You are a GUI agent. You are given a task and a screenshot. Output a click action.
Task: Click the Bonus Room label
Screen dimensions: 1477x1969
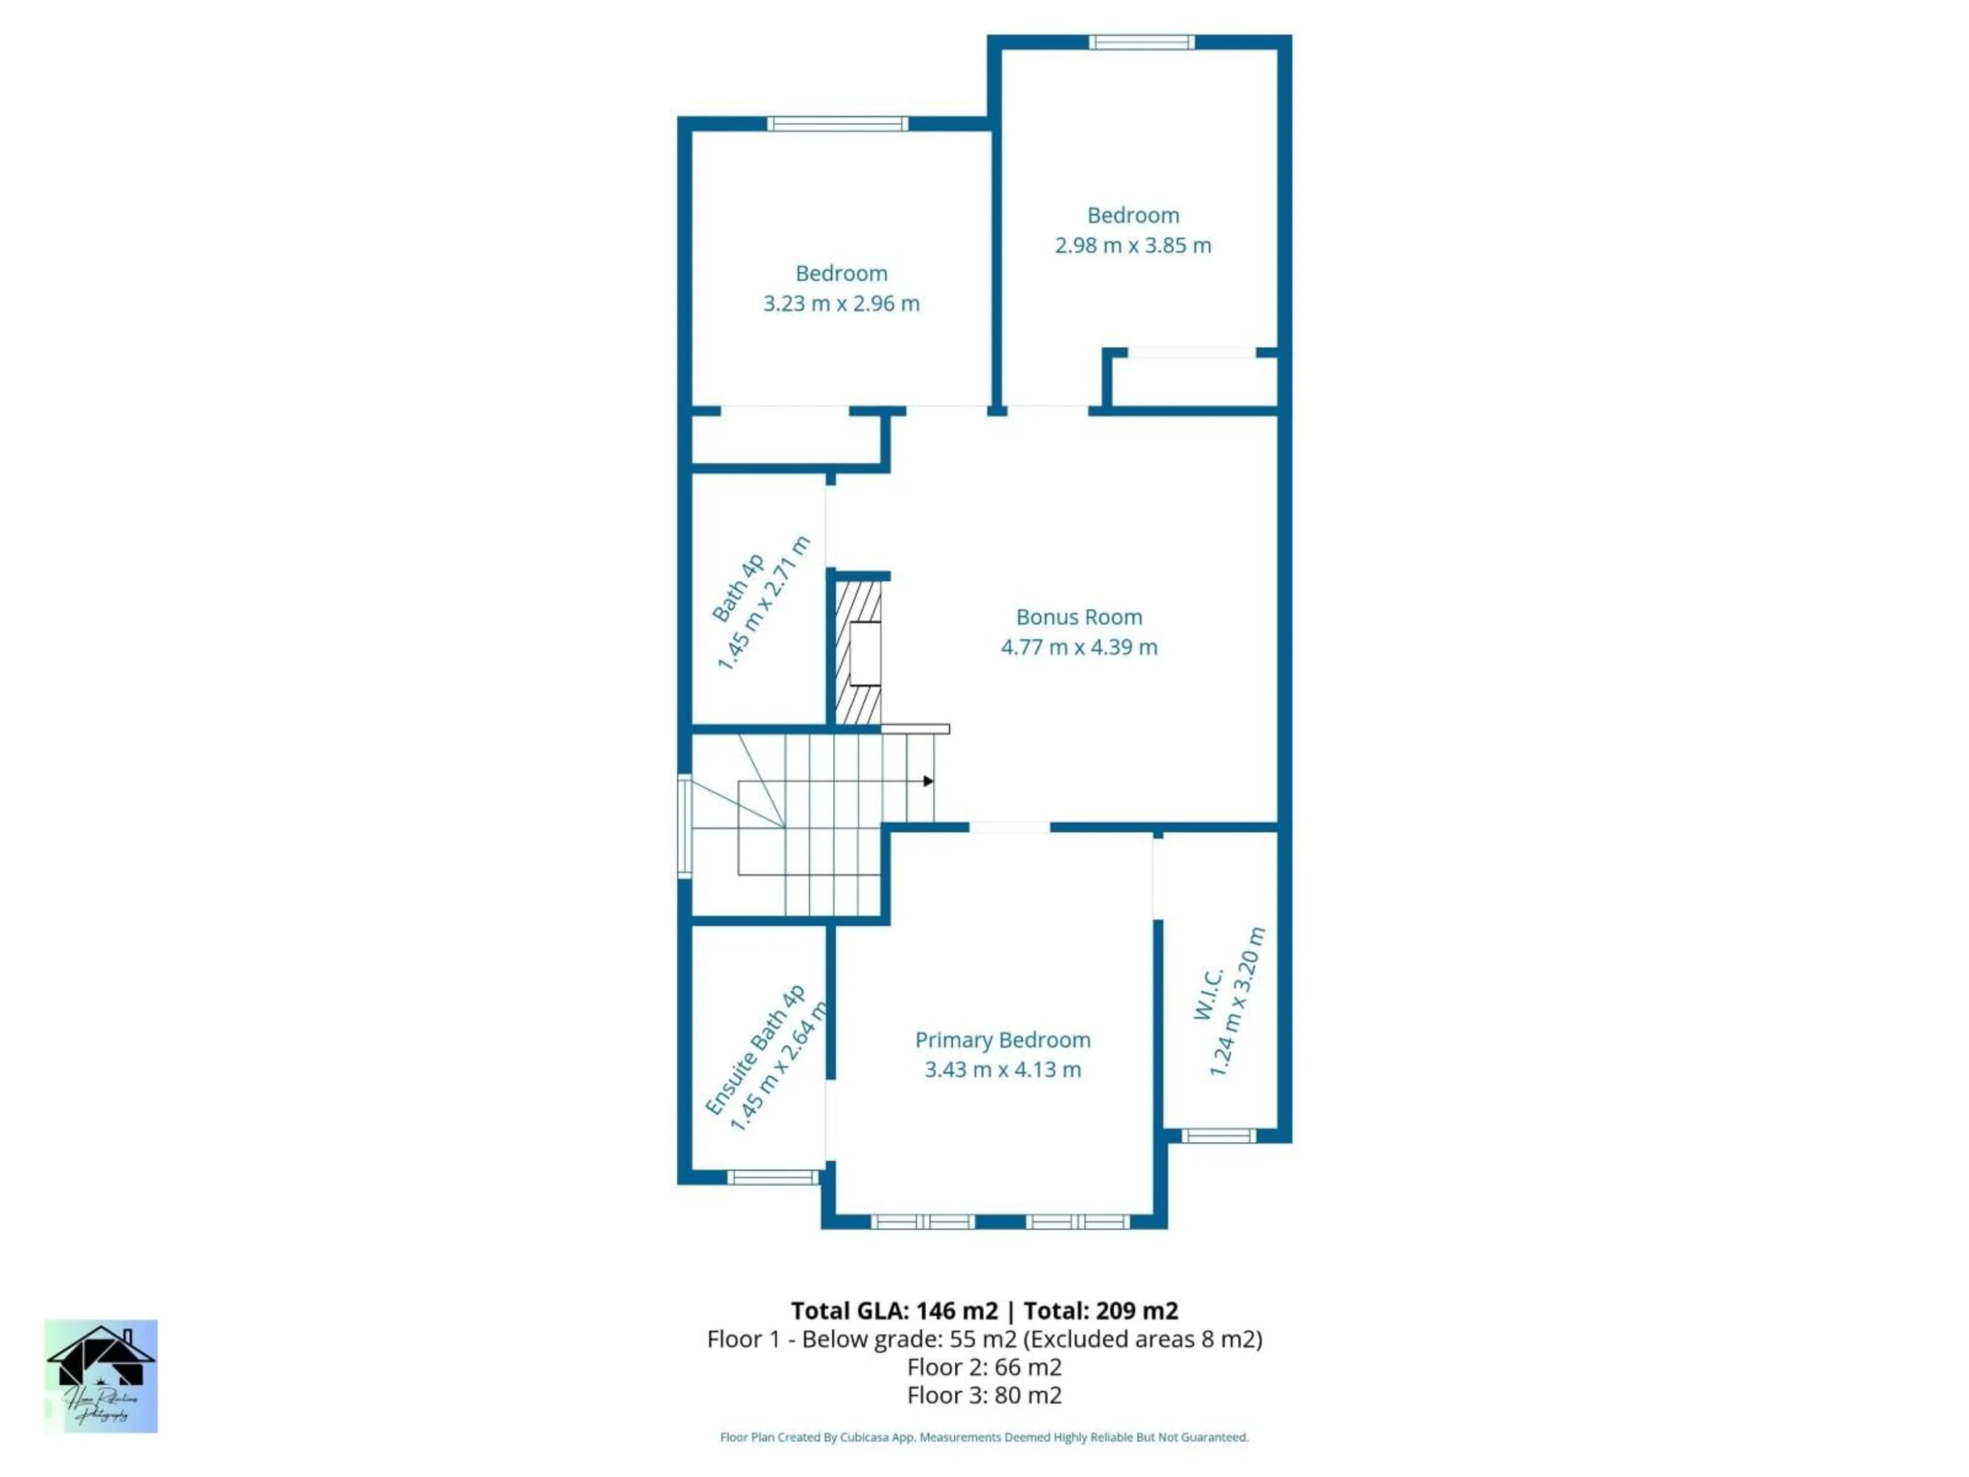(x=1079, y=617)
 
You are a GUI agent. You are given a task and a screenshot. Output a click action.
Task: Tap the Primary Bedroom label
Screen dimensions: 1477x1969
(x=1002, y=1040)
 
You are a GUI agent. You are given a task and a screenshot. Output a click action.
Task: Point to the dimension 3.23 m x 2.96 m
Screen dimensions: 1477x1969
(x=841, y=304)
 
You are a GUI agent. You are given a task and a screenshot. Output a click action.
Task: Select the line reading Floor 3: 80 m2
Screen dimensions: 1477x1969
(x=985, y=1395)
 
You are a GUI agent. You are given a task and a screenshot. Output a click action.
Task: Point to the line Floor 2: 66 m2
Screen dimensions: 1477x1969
(x=985, y=1367)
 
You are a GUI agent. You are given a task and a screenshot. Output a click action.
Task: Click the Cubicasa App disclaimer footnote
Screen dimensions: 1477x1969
(x=985, y=1437)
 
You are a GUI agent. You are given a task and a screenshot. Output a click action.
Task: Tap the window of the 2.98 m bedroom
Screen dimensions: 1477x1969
(x=1141, y=42)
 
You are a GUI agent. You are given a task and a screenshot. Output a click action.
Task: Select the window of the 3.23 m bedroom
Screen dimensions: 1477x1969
(x=838, y=124)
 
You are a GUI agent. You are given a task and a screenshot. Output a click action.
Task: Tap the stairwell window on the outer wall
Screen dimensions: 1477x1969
(x=685, y=826)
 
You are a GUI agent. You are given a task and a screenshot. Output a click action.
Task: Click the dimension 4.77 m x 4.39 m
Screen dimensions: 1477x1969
(x=1079, y=647)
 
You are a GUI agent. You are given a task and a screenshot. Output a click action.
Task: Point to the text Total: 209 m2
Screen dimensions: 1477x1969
(x=1101, y=1310)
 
